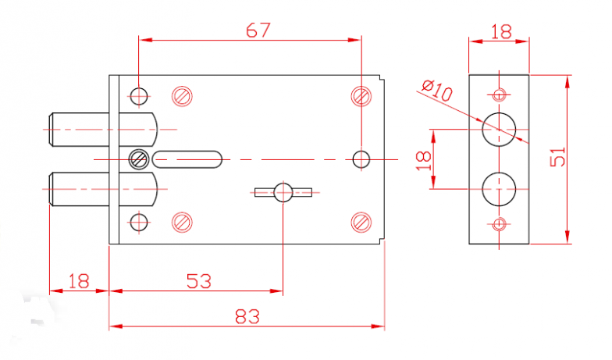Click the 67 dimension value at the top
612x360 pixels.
coord(258,30)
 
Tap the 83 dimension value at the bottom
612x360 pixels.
coord(247,316)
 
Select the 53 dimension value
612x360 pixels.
coord(198,281)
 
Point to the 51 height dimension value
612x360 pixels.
coord(557,156)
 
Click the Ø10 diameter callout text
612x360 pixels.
coord(437,91)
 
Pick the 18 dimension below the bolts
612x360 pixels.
coord(78,281)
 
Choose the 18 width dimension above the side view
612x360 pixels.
coord(501,32)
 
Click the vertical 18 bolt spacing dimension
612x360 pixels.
coord(423,161)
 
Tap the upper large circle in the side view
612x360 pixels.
coord(499,130)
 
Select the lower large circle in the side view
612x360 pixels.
coord(499,189)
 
